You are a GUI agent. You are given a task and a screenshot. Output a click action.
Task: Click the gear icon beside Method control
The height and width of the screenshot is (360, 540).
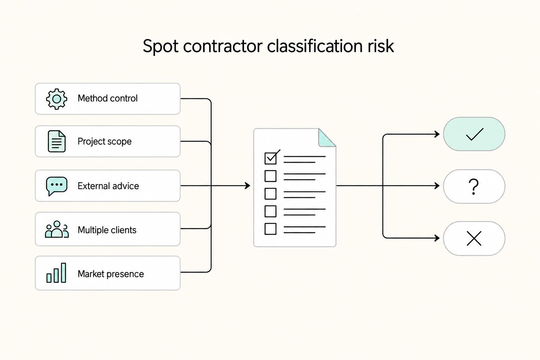click(57, 99)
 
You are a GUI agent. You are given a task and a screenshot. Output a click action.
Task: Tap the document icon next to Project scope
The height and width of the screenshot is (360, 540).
click(57, 141)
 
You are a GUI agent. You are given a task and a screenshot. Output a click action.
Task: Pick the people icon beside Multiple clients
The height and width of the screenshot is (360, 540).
click(57, 229)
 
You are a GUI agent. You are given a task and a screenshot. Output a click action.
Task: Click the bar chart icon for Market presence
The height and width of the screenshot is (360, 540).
click(56, 273)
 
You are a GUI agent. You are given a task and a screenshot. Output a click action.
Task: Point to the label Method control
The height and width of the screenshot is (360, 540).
click(108, 98)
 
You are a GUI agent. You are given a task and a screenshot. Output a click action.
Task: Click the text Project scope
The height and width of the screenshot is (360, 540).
click(105, 141)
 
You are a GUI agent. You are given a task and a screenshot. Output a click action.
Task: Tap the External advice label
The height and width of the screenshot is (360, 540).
click(108, 186)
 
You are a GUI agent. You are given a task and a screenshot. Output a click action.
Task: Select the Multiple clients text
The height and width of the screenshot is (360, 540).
click(107, 230)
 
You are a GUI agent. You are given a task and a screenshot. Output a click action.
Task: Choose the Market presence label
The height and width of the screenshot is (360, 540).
click(111, 274)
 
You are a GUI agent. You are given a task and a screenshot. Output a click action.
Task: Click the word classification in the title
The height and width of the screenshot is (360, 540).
click(315, 46)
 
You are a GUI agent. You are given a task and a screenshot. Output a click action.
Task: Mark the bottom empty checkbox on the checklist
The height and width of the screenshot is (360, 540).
click(270, 229)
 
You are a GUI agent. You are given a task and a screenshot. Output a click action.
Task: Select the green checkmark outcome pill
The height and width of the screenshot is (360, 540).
click(474, 134)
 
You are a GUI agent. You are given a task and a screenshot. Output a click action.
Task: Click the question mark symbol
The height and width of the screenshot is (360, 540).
click(474, 186)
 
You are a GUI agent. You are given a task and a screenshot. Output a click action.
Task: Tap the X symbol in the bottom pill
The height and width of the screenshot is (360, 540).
click(474, 238)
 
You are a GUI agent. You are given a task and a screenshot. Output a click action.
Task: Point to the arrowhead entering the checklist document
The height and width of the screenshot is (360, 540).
click(248, 186)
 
